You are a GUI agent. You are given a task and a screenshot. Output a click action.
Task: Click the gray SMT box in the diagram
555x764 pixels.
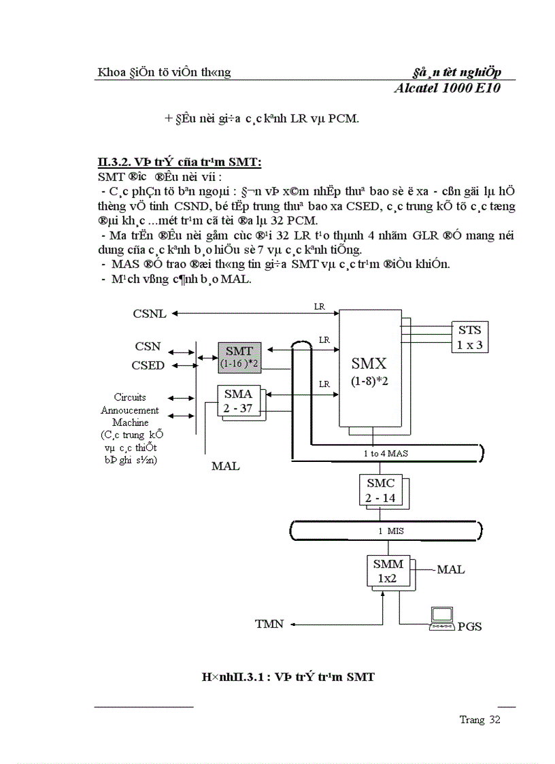[x=239, y=357]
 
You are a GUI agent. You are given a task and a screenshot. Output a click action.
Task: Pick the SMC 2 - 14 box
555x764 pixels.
[x=380, y=490]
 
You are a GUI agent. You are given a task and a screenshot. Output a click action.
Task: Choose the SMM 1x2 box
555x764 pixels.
[x=388, y=571]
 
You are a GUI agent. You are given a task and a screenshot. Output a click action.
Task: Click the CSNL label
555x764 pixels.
[x=150, y=314]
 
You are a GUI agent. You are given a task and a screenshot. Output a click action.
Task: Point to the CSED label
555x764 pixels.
[x=148, y=365]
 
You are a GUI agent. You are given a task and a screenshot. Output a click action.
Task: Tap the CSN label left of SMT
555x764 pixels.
[x=148, y=346]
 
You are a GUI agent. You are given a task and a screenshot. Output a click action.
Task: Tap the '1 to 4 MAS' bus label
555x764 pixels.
[x=385, y=452]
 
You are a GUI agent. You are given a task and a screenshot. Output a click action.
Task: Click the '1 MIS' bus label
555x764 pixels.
[x=386, y=530]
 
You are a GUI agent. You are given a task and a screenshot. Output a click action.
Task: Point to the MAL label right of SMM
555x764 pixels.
[x=450, y=569]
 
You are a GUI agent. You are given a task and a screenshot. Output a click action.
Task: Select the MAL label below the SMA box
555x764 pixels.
[x=225, y=467]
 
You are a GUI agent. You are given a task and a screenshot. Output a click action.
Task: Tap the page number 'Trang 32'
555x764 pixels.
[x=480, y=720]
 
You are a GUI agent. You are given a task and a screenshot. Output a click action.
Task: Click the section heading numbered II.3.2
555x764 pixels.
[x=180, y=162]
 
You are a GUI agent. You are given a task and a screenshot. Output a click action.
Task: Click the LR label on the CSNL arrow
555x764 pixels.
[x=319, y=306]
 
